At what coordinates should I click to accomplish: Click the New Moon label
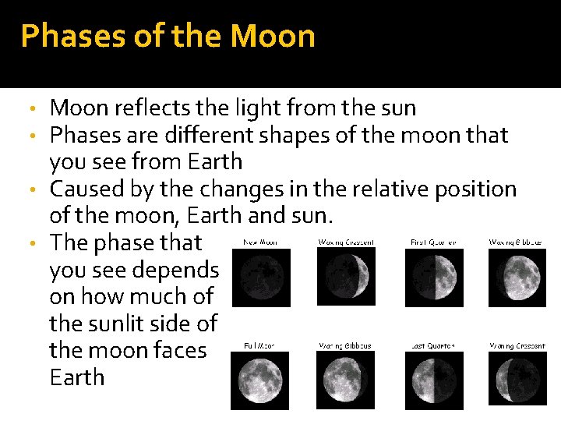(x=261, y=242)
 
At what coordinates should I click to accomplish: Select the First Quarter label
(x=433, y=242)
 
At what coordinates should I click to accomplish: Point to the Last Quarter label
(x=433, y=345)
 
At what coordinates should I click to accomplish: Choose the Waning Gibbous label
(x=344, y=345)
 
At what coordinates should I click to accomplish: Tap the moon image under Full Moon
(x=260, y=380)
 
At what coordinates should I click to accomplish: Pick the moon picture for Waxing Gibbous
(x=517, y=277)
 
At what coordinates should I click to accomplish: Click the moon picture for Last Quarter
(x=434, y=380)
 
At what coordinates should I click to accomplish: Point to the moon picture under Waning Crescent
(x=517, y=380)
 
